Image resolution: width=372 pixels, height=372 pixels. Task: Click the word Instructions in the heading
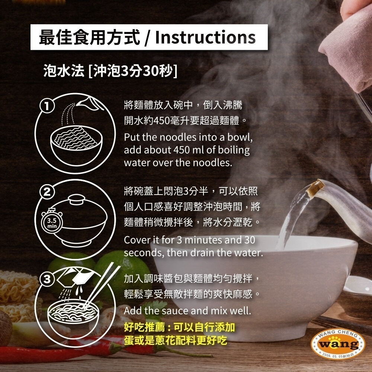coord(205,38)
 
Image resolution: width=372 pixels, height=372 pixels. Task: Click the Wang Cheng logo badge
coord(337,344)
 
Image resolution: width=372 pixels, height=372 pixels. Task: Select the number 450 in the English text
coord(182,150)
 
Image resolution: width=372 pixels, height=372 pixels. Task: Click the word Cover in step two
coord(136,240)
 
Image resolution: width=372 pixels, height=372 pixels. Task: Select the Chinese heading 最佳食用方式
coord(89,38)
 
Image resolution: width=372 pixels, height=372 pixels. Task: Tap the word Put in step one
coord(132,137)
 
